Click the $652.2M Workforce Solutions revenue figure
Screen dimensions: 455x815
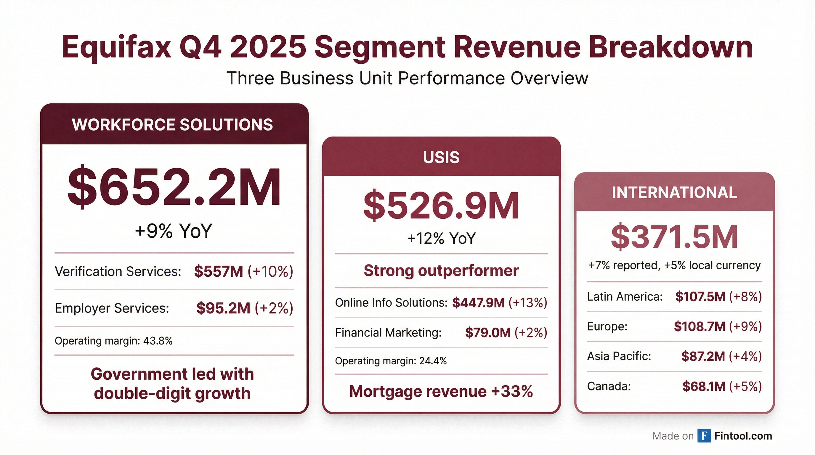point(174,188)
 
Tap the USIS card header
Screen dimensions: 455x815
point(441,157)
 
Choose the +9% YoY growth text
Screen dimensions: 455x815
point(173,231)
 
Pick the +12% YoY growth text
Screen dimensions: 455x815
point(441,238)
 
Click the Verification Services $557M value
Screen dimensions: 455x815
point(219,271)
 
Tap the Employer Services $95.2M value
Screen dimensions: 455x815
point(223,308)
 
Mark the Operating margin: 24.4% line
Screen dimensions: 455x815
point(390,361)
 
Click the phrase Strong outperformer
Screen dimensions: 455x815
point(441,270)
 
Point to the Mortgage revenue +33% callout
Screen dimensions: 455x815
point(441,392)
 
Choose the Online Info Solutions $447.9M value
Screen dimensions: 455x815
point(478,303)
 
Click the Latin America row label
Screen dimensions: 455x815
point(625,297)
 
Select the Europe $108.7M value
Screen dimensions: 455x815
point(699,326)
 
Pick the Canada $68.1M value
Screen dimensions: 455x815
point(704,386)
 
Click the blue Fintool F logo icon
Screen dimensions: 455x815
point(704,436)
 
